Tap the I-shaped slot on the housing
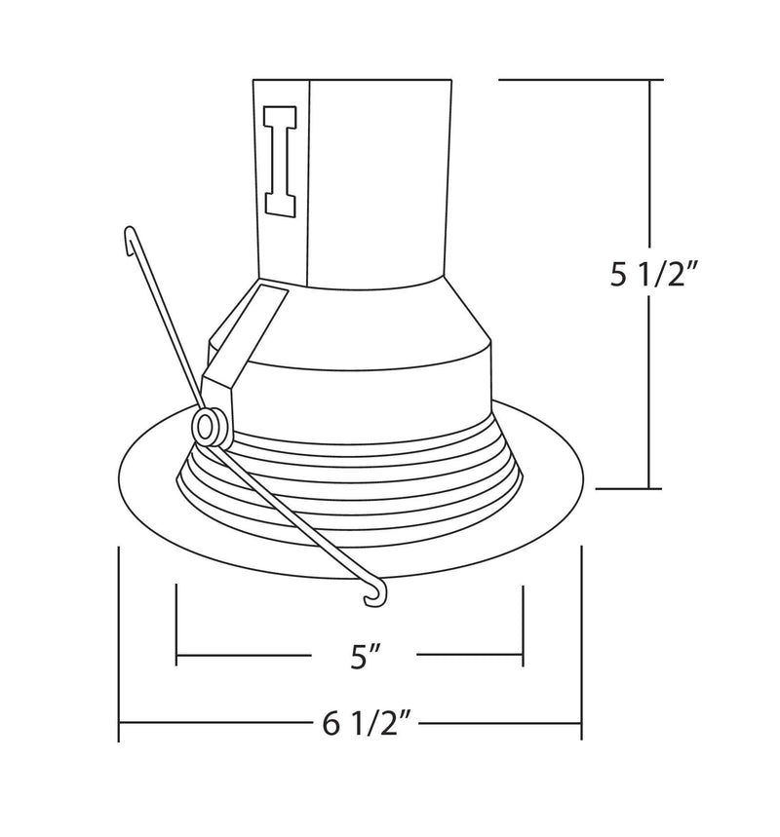coord(281,161)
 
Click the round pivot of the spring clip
coord(207,428)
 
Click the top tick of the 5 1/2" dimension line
coord(650,79)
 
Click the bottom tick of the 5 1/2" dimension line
coord(650,487)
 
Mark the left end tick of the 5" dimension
coord(176,624)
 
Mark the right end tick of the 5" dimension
coord(524,624)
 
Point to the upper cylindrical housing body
coord(380,175)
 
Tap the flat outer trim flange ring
coord(146,487)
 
